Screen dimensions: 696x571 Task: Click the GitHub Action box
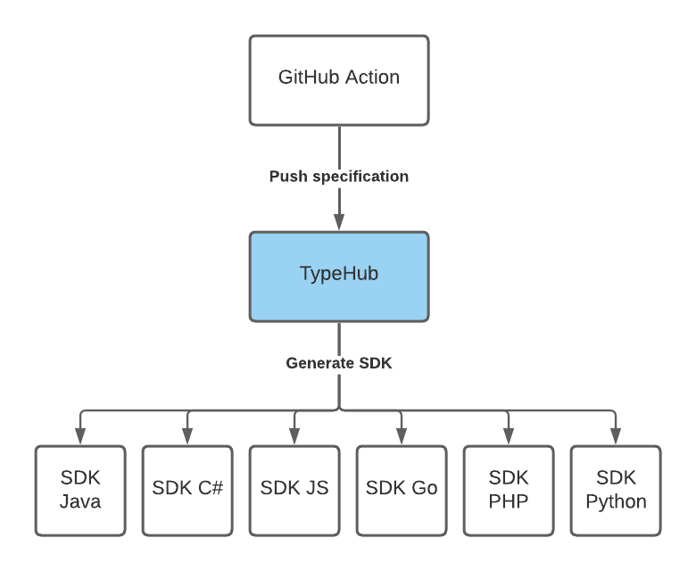point(339,80)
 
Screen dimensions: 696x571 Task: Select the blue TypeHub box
point(339,277)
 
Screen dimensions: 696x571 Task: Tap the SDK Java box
point(80,491)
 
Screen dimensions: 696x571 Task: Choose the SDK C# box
point(187,491)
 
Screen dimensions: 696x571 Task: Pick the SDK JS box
point(294,491)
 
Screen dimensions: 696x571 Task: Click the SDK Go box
point(402,491)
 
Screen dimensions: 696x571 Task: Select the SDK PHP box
point(509,491)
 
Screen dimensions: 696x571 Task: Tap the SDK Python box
point(616,491)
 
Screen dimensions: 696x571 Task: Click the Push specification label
point(339,177)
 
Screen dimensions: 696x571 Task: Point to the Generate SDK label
point(339,363)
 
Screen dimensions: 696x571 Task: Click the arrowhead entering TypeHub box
point(339,222)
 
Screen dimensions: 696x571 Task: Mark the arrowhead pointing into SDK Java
point(80,436)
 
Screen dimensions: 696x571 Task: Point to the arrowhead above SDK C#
point(187,436)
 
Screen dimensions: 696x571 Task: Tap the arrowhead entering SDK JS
point(294,436)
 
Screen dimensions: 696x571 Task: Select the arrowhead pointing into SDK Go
point(402,436)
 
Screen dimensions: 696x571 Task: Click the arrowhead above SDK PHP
point(509,436)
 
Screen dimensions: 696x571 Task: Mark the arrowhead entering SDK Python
point(616,436)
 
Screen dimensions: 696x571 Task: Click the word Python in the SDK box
point(616,502)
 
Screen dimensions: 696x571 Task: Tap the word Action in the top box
point(372,78)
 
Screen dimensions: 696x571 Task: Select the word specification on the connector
point(360,177)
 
